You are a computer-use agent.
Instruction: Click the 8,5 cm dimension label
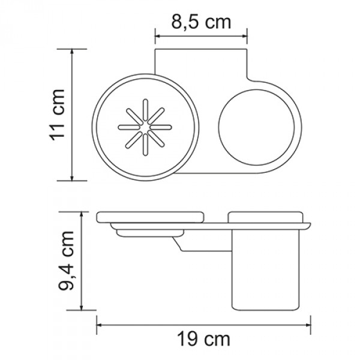click(x=202, y=23)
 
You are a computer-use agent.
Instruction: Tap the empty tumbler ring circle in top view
click(x=256, y=128)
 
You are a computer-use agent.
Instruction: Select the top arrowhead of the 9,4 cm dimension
click(x=82, y=212)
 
